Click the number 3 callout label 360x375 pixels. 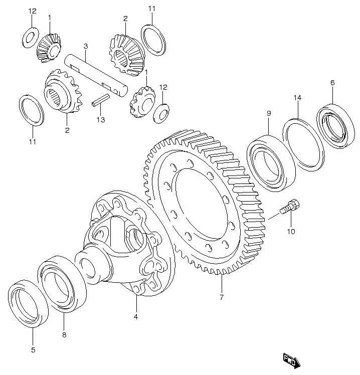tap(86, 46)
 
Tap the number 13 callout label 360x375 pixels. tap(101, 119)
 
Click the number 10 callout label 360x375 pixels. tap(291, 232)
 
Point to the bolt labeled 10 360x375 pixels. tap(290, 207)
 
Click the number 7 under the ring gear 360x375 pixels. tap(221, 297)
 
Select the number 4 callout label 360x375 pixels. tap(135, 316)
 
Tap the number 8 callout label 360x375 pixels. tap(64, 334)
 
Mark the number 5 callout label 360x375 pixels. tap(33, 350)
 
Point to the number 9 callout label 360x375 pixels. tap(269, 113)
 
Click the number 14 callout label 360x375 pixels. tap(297, 98)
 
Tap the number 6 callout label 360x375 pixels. tap(332, 83)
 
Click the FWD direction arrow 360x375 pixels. tap(291, 360)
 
